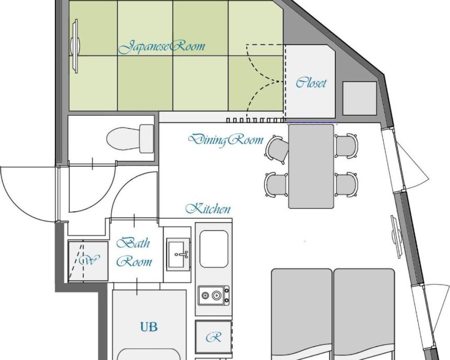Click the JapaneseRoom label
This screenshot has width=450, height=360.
[x=162, y=47]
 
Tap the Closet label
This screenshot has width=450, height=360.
[x=311, y=83]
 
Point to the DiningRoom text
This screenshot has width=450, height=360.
[x=225, y=140]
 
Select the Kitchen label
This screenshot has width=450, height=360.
[x=208, y=209]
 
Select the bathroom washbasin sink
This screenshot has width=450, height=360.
[x=178, y=254]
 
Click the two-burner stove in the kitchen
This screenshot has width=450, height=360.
[x=214, y=295]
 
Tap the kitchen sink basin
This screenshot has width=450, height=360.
[x=214, y=249]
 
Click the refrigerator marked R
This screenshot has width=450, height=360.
[x=213, y=337]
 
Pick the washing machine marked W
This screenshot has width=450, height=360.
[x=88, y=261]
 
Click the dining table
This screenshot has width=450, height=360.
[x=311, y=166]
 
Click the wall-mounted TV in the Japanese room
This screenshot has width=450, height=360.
[x=75, y=46]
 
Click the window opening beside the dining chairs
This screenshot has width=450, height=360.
[x=394, y=159]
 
